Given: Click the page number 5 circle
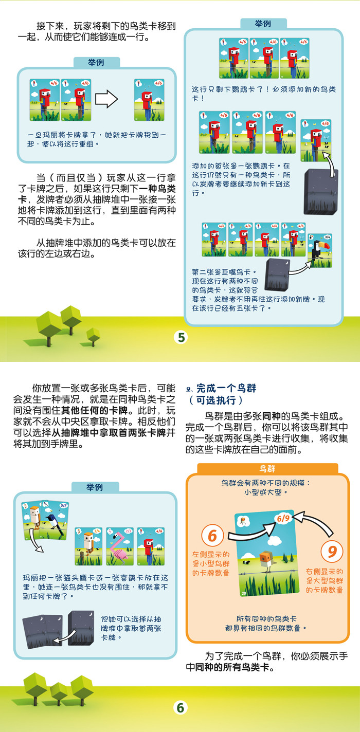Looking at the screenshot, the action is [182, 338].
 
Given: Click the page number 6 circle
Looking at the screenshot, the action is [181, 708].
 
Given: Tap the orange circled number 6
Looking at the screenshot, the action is [212, 536].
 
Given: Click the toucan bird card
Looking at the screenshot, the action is [320, 251].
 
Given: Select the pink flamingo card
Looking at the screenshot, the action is [120, 546].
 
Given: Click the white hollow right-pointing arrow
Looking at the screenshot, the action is [106, 99].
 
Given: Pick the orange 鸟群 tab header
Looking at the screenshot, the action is [267, 469].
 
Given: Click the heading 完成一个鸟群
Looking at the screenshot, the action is [226, 388].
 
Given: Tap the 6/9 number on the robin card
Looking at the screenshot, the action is [283, 518].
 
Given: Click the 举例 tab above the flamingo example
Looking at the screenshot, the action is [95, 487].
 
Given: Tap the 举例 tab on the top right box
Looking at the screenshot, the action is [263, 24].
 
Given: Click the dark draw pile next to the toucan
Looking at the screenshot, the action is [277, 275].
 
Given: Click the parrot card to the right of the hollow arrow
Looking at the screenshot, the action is [149, 100].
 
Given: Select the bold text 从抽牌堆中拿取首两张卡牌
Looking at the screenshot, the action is [109, 433].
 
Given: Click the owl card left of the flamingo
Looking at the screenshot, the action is [88, 546].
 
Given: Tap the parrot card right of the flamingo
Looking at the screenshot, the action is [151, 546].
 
